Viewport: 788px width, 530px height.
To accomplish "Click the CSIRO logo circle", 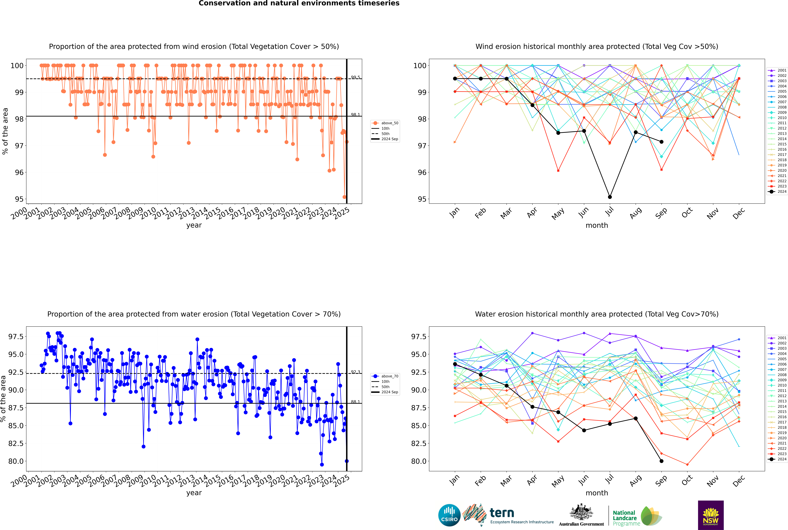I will point(449,515).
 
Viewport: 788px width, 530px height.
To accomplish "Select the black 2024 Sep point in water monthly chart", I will point(661,461).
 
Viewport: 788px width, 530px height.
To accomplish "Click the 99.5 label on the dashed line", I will point(355,77).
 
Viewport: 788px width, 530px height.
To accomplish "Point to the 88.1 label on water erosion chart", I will point(355,402).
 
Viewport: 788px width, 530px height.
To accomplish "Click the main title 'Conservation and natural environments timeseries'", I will point(299,3).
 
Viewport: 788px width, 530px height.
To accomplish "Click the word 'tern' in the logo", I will point(502,513).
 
